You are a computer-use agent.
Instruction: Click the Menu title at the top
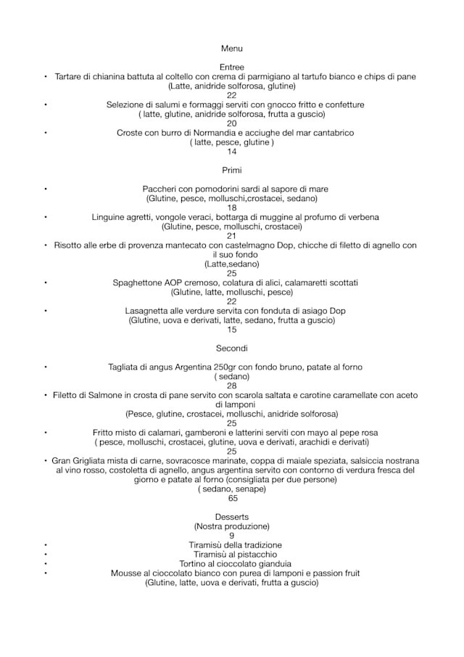click(x=231, y=48)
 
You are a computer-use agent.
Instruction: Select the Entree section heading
click(x=231, y=67)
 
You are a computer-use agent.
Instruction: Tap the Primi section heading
click(x=231, y=170)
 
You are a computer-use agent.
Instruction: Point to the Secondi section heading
click(x=231, y=348)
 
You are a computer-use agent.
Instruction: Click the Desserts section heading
click(x=231, y=517)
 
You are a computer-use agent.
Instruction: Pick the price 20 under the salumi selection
click(x=231, y=123)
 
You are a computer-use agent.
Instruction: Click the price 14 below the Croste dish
click(x=231, y=152)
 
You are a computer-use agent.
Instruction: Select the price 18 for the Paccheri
click(x=231, y=208)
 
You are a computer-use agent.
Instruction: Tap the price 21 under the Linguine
click(x=231, y=236)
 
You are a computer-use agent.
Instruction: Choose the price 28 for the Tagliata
click(x=231, y=386)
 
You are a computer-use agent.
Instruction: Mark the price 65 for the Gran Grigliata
click(x=233, y=499)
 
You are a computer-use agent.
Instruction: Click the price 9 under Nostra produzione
click(x=231, y=536)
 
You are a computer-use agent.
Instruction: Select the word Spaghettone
click(x=138, y=282)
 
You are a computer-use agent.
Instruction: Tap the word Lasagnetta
click(x=148, y=311)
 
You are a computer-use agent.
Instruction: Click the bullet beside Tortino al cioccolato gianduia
click(x=45, y=564)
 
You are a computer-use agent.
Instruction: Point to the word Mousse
click(x=125, y=574)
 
